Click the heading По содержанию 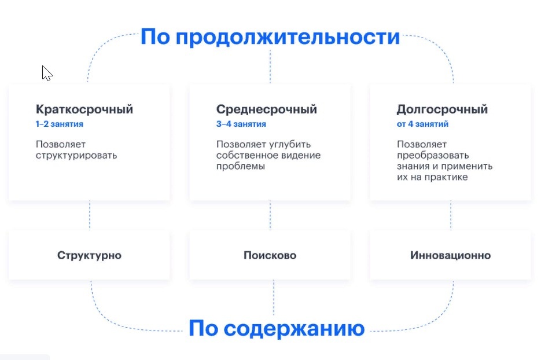click(277, 329)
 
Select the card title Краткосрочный click(84, 109)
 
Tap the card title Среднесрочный click(266, 109)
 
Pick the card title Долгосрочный click(442, 109)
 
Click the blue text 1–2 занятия click(58, 124)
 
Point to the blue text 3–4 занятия click(241, 124)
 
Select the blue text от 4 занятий click(422, 124)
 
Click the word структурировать click(76, 155)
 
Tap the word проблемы click(240, 166)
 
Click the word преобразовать click(433, 155)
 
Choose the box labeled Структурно click(90, 255)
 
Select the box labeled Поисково click(270, 255)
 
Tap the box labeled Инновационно click(450, 255)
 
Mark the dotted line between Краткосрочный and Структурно click(90, 216)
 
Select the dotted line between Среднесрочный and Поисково click(270, 216)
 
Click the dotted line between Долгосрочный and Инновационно click(451, 216)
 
